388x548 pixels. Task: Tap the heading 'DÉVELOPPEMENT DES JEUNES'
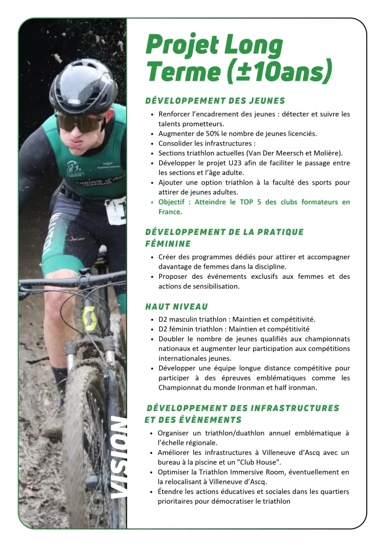pyautogui.click(x=215, y=101)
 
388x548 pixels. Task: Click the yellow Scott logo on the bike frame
pyautogui.click(x=89, y=318)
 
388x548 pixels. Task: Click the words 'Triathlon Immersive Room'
pyautogui.click(x=236, y=472)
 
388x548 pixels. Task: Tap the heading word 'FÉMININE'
pyautogui.click(x=167, y=243)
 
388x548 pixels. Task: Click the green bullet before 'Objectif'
pyautogui.click(x=153, y=202)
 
